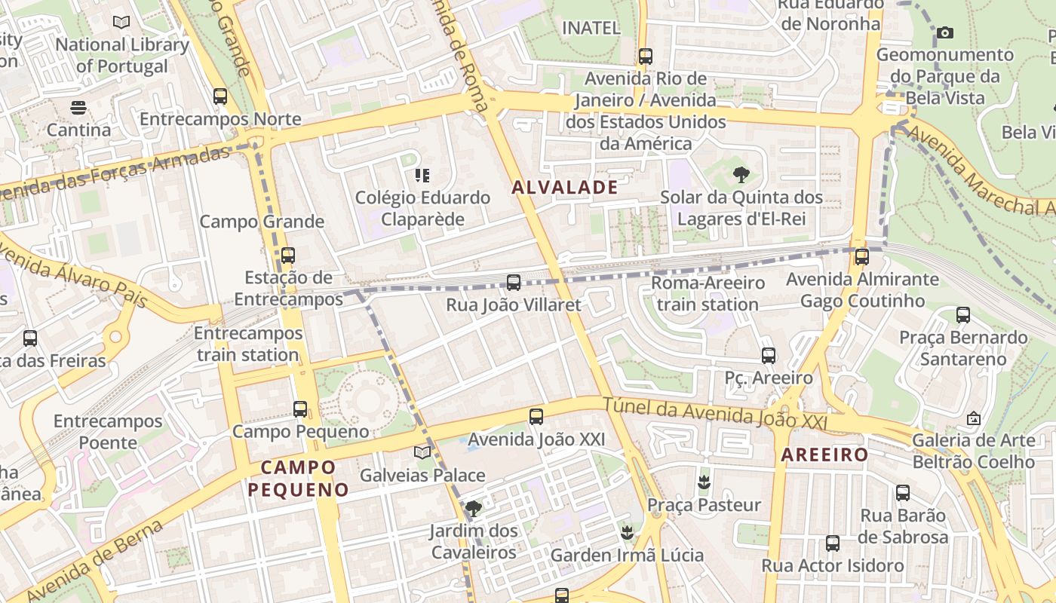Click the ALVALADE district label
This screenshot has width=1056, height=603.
565,187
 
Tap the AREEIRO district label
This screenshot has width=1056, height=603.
824,455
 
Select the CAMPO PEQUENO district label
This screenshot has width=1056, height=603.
298,478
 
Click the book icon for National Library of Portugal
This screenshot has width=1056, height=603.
121,22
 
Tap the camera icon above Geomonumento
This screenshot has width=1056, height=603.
944,32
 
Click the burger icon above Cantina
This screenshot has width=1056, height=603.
78,108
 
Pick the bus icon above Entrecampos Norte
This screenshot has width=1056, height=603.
220,96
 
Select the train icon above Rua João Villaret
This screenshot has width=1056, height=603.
514,283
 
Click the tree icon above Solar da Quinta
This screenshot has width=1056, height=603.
741,175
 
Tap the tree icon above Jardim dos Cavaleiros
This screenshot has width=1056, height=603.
474,509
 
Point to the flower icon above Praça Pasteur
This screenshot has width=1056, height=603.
704,482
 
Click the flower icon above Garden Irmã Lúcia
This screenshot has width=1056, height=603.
627,533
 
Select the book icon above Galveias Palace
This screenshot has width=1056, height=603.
422,452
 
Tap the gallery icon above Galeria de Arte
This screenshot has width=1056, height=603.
974,418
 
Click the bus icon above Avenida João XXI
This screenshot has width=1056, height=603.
536,416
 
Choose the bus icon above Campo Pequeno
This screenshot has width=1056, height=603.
300,409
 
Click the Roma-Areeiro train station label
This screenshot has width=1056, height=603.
708,294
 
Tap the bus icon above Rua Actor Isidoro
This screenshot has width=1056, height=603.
833,543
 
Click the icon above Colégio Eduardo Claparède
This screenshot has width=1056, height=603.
422,176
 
